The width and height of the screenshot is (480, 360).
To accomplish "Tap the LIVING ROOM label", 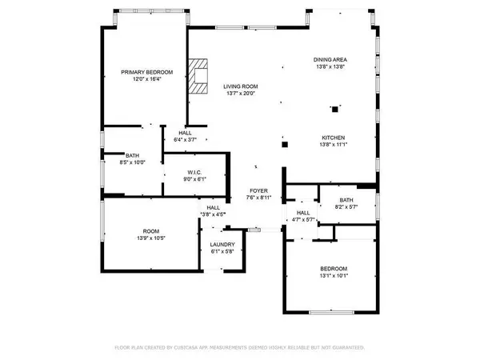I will pyautogui.click(x=239, y=86).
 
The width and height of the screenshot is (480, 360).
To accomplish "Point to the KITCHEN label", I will pyautogui.click(x=334, y=137).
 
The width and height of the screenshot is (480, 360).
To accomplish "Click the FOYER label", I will pyautogui.click(x=257, y=190).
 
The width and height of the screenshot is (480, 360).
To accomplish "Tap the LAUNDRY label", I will pyautogui.click(x=222, y=245).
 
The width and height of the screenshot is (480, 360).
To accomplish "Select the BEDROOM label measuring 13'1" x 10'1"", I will pyautogui.click(x=334, y=269).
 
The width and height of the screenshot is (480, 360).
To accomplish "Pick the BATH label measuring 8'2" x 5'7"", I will pyautogui.click(x=346, y=201).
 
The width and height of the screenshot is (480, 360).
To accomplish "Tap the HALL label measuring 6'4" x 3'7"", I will pyautogui.click(x=185, y=133).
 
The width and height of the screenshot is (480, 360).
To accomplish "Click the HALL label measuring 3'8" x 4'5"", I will pyautogui.click(x=213, y=207).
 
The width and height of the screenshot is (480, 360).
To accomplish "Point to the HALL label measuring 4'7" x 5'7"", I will pyautogui.click(x=302, y=213).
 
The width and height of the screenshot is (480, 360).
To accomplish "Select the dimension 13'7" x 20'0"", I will pyautogui.click(x=239, y=94).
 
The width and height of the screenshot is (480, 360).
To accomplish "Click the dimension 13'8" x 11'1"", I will pyautogui.click(x=334, y=144).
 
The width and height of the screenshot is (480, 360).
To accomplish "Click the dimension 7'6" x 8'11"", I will pyautogui.click(x=257, y=198).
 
